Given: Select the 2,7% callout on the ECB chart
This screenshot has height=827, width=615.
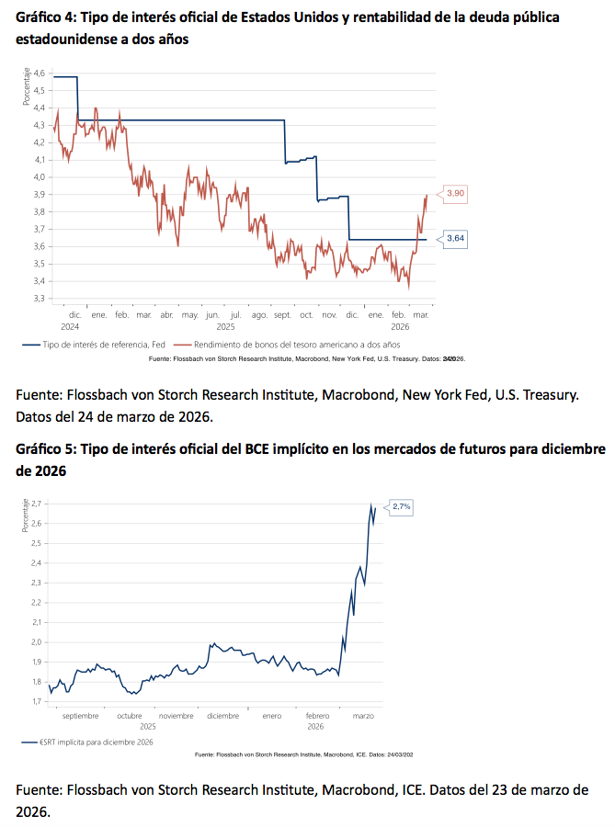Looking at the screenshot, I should pyautogui.click(x=401, y=506).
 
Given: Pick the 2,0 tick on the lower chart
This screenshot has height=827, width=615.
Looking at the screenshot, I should pyautogui.click(x=38, y=642).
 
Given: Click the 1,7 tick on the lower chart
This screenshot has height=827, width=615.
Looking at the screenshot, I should pyautogui.click(x=38, y=701).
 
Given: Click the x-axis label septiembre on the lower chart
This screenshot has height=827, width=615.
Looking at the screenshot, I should pyautogui.click(x=81, y=715).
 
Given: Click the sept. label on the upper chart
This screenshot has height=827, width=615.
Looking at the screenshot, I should pyautogui.click(x=282, y=314).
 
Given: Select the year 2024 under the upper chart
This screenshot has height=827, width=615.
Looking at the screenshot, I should pyautogui.click(x=71, y=326).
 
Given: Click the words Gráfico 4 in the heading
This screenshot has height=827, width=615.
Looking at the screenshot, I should pyautogui.click(x=44, y=18).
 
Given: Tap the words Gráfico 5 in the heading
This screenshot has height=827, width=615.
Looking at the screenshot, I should pyautogui.click(x=44, y=449).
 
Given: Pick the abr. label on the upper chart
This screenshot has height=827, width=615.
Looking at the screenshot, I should pyautogui.click(x=166, y=314).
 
